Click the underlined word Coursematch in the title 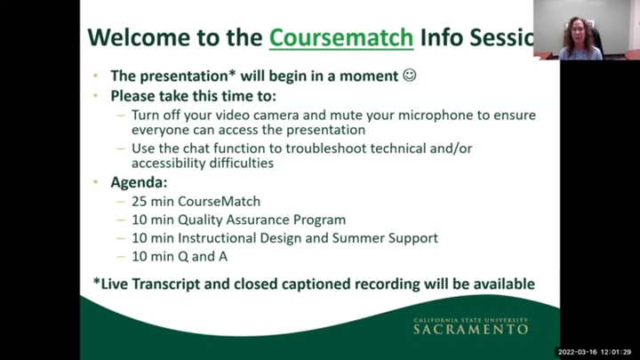point(341,37)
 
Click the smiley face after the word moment point(410,76)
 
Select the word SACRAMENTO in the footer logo point(470,330)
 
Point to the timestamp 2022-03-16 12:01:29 point(594,352)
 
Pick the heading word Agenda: point(139,181)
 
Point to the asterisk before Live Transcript point(97,283)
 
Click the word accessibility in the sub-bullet point(170,164)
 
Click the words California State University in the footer point(470,320)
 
